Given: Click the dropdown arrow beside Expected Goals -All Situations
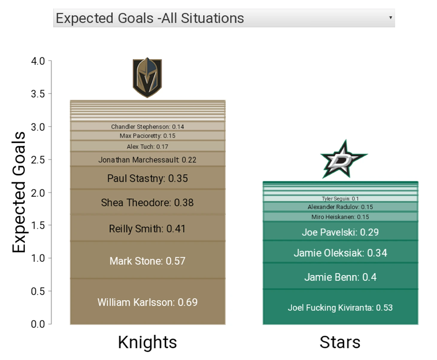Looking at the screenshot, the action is pos(390,18).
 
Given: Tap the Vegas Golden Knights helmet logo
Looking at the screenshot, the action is pos(147,77).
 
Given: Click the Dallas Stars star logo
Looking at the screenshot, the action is pos(344,159).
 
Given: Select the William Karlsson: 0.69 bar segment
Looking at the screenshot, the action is pos(148,301).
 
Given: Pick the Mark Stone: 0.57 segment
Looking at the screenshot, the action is pos(148,260).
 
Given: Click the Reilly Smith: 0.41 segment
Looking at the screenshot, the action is pos(148,228).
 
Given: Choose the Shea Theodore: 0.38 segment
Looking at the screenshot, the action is pos(148,202).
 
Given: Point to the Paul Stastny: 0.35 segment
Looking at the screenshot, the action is pos(148,178).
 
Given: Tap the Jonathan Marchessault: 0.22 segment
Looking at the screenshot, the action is pos(148,159).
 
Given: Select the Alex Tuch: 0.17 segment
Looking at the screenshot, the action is pos(148,146).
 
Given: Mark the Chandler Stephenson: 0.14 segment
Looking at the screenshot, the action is pos(148,126).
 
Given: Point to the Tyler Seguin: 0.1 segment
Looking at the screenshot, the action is pos(340,198).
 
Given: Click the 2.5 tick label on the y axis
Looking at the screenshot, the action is pos(38,160).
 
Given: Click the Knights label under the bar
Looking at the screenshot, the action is pos(147,342).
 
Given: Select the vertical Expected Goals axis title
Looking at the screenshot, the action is pos(19,192).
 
